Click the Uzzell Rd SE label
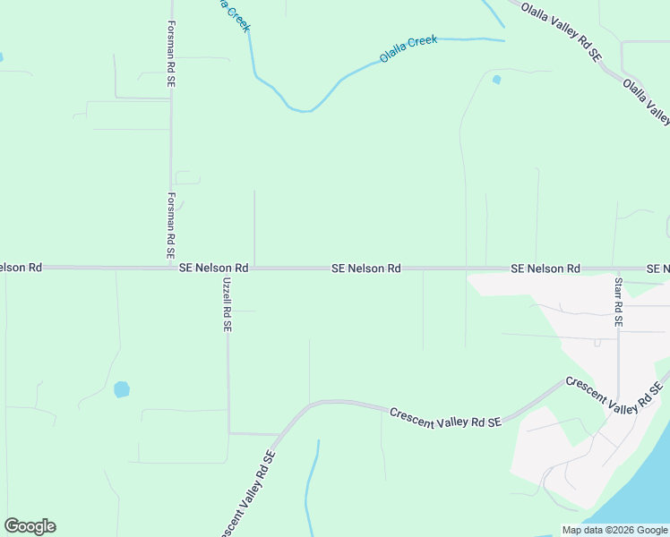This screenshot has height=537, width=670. pos(227,304)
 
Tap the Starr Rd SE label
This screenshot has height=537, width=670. pos(618,301)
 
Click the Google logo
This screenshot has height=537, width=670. pos(30,526)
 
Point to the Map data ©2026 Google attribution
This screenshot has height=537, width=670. pos(614,530)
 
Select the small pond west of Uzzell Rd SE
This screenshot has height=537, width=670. pos(122,389)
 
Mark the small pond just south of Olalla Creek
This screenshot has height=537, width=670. pos(496,80)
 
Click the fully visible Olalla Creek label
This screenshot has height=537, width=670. pos(408,48)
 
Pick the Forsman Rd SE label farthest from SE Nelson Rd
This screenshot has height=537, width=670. pos(170,54)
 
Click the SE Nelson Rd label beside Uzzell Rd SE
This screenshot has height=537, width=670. pos(213,268)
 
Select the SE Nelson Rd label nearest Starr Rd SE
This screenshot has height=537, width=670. pos(545,268)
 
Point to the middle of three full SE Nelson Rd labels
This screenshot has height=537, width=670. pos(365,268)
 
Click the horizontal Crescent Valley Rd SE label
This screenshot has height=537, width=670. pos(444,417)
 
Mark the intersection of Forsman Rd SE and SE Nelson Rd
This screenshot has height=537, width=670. pos(170,267)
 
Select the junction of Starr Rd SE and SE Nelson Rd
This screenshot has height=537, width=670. pos(618,268)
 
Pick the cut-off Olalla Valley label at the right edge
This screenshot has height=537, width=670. pos(647,102)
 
